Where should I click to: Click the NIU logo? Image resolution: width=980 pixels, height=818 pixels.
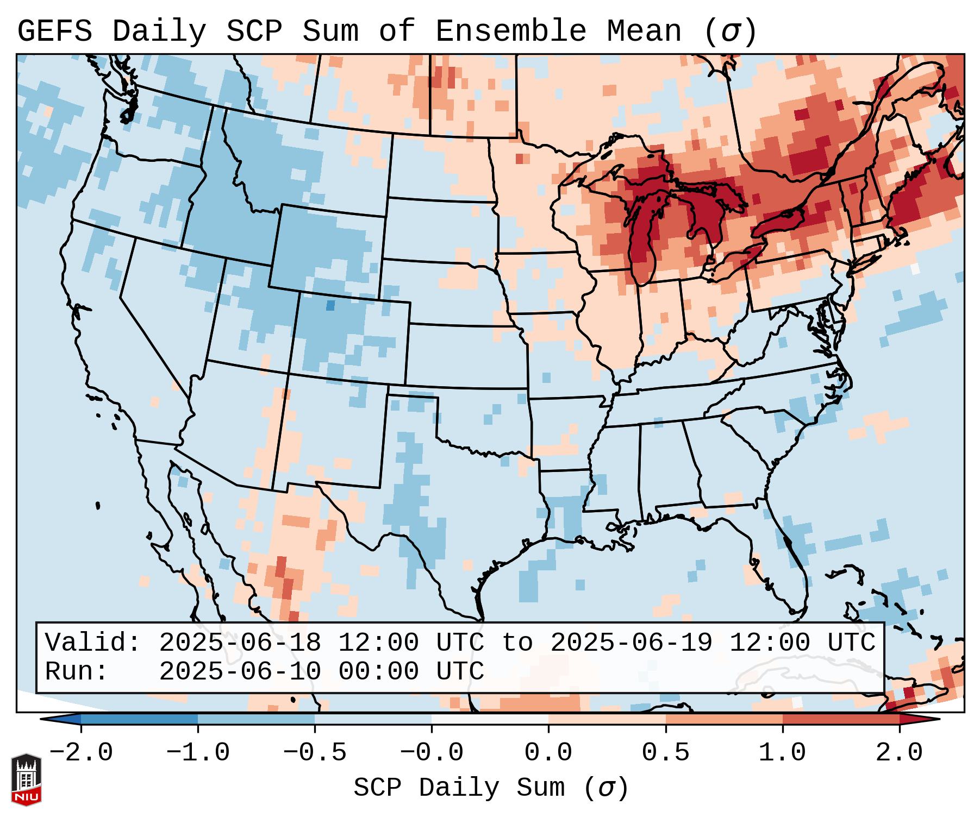pos(26,779)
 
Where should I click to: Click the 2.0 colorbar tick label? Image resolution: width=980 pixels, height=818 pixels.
pos(900,753)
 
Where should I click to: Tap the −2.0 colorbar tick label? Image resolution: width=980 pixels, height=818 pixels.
pos(81,753)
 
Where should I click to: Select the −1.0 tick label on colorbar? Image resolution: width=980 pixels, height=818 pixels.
pos(198,753)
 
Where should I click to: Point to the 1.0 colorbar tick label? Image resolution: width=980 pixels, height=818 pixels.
pos(783,753)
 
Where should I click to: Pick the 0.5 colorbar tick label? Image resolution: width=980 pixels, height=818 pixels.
pos(666,753)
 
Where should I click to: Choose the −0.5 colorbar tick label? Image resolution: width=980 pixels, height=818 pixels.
pos(315,753)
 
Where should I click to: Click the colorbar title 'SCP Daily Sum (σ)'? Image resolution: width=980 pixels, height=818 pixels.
pos(491,788)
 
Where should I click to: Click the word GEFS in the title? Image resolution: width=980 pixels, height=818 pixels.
pos(55,32)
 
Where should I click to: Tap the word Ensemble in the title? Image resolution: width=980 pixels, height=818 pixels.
pos(511,32)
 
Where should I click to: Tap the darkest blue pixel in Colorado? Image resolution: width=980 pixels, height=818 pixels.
pos(330,306)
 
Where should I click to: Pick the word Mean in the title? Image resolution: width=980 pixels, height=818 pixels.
pos(644,32)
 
